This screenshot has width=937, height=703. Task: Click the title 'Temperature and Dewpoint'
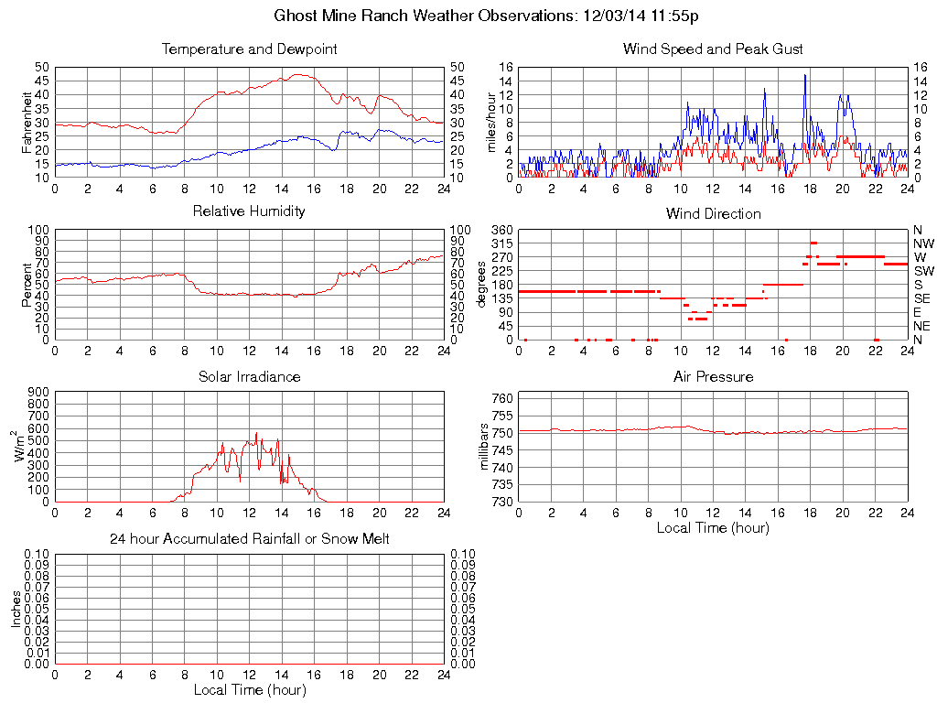click(249, 49)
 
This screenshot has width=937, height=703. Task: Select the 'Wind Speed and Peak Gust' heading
click(713, 49)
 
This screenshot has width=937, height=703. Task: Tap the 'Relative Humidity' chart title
click(249, 211)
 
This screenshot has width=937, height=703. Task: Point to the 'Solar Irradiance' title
click(249, 377)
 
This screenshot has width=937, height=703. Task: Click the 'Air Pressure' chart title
click(713, 377)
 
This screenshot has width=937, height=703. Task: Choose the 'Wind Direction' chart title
click(713, 214)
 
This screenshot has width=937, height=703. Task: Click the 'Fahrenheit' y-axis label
click(27, 122)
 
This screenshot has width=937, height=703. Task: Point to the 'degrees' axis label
click(482, 284)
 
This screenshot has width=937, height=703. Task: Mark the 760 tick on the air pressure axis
click(501, 398)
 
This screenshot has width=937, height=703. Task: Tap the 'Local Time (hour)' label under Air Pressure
click(713, 527)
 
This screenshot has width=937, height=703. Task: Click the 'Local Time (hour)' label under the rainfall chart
click(249, 689)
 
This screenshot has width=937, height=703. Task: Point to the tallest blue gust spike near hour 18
click(805, 75)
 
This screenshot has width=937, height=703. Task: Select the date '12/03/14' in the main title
click(613, 16)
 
